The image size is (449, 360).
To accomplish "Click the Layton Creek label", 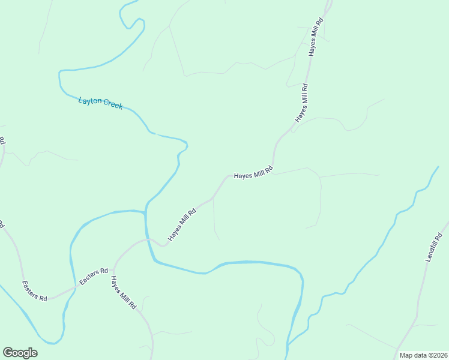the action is [100, 103].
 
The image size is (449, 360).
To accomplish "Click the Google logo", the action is [20, 353].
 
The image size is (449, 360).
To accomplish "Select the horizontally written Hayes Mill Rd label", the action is [253, 173].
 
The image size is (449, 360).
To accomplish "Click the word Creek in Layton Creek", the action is [113, 105].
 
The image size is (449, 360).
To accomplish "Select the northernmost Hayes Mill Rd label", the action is [316, 37].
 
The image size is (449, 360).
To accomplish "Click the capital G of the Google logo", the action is [8, 352].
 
